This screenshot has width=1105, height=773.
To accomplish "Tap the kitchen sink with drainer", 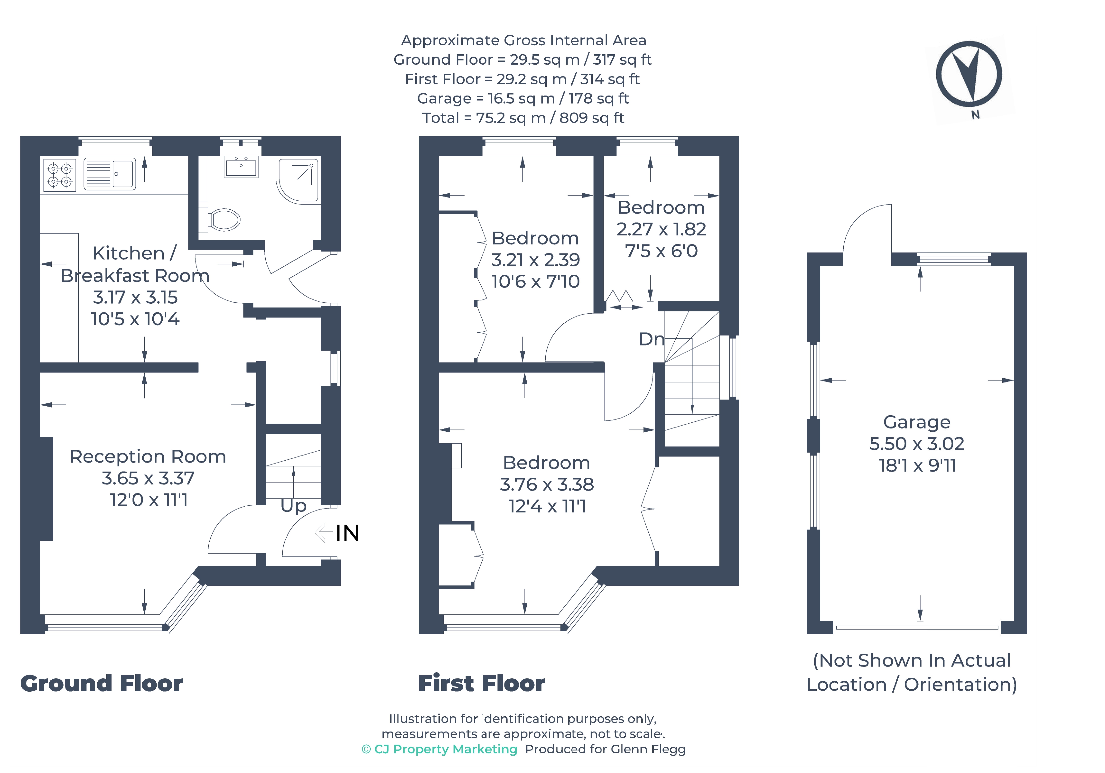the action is (x=110, y=174).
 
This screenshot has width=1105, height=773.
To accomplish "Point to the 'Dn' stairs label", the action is (x=651, y=339).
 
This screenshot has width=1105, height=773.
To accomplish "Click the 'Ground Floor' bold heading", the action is (x=102, y=684).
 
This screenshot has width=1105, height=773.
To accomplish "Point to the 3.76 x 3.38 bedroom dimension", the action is (x=547, y=484).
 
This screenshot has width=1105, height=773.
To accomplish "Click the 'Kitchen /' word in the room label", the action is (x=134, y=253).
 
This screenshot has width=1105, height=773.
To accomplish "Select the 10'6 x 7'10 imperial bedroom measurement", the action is (x=535, y=281).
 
